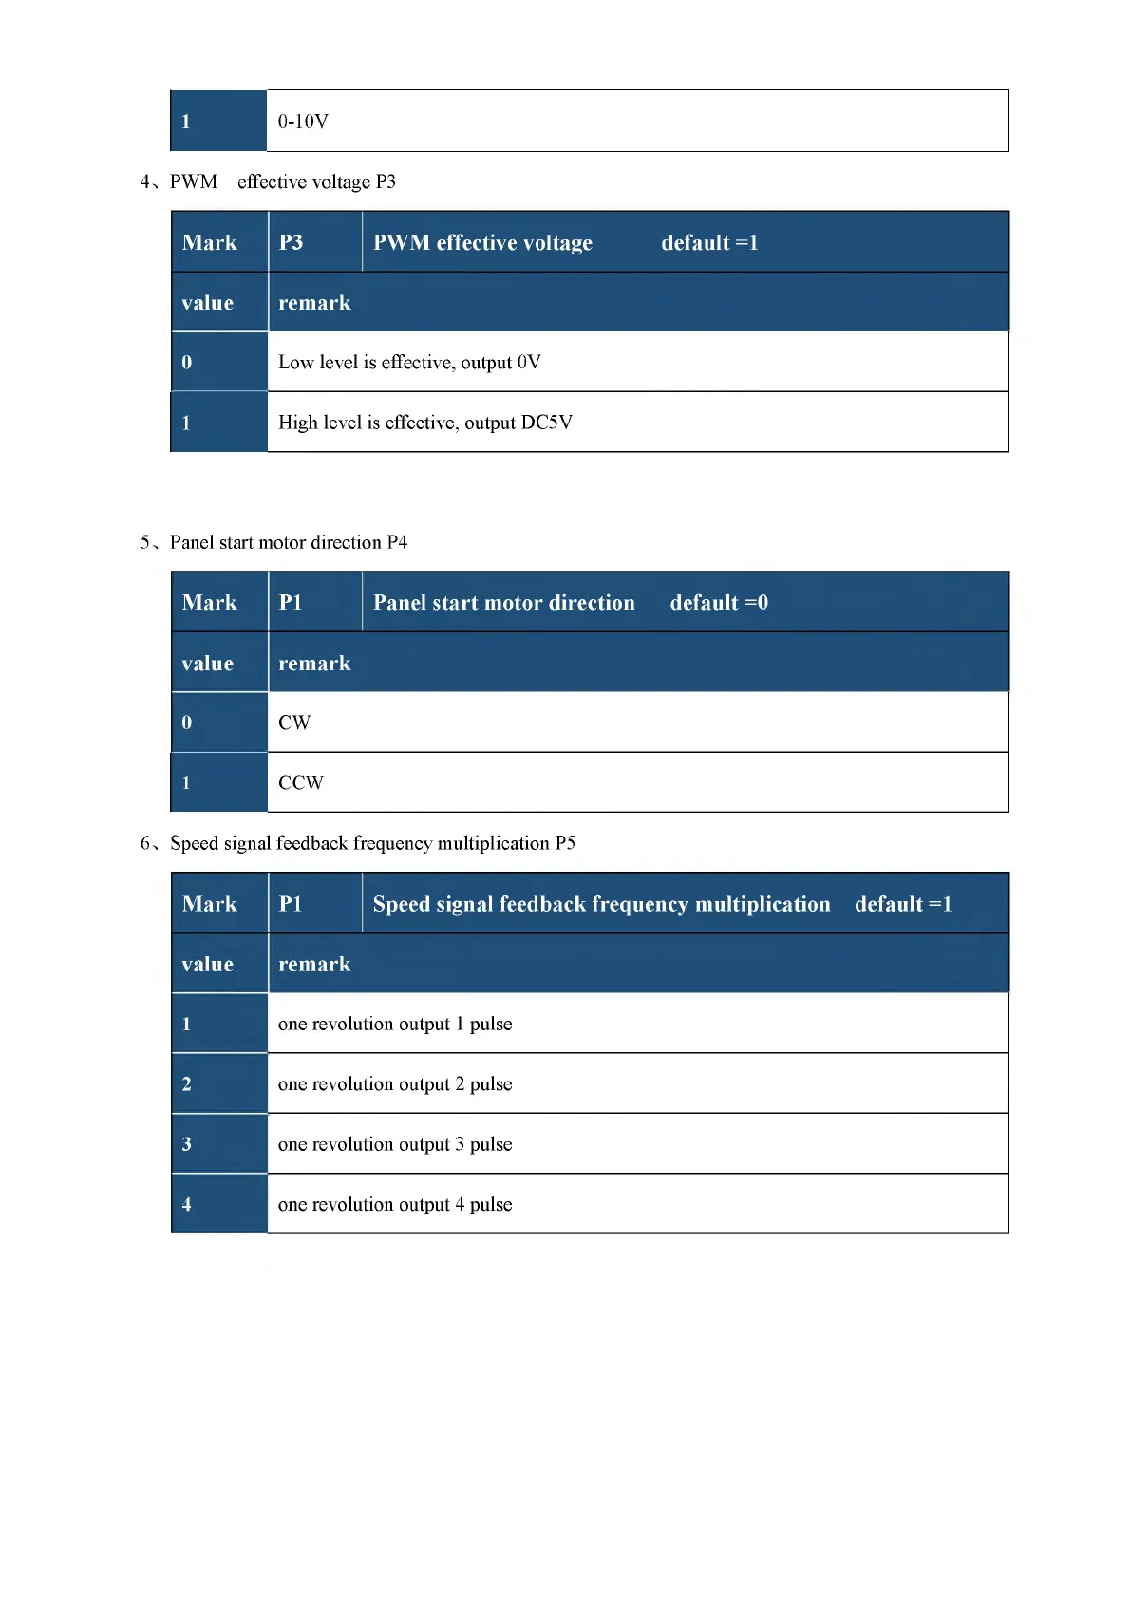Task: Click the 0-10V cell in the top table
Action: (x=303, y=122)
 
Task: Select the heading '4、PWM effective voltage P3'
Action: (x=268, y=181)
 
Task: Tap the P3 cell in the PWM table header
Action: (x=291, y=242)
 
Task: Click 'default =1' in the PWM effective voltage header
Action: (x=709, y=242)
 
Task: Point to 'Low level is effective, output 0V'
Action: (x=409, y=362)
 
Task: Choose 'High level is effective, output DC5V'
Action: (x=424, y=423)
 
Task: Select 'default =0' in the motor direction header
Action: (x=719, y=602)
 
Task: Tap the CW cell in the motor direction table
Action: (x=294, y=723)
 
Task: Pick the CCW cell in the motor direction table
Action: (x=300, y=782)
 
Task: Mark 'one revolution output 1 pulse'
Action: (x=395, y=1024)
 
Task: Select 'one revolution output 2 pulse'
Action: (x=395, y=1083)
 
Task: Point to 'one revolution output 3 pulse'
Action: (x=395, y=1144)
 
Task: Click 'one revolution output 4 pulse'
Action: (x=395, y=1204)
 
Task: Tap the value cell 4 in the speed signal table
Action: (x=187, y=1204)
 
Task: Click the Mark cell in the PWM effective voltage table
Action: (x=210, y=242)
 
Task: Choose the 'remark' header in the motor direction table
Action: (x=314, y=663)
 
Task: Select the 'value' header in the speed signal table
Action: (x=208, y=964)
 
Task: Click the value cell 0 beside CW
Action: (x=187, y=723)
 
